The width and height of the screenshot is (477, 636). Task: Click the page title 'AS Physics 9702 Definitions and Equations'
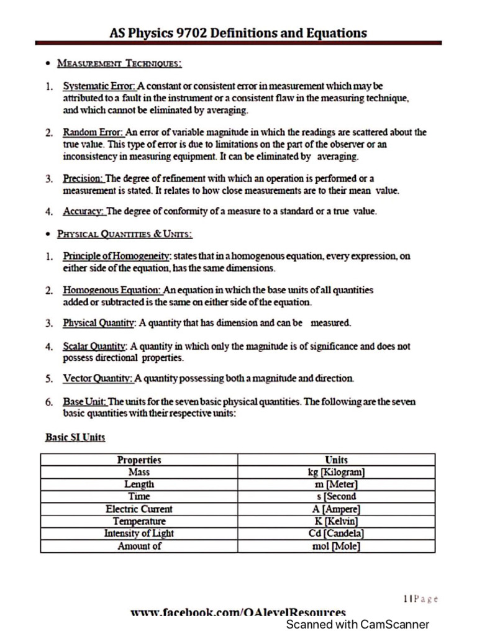click(238, 33)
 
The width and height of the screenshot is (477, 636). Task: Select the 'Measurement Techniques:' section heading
click(119, 63)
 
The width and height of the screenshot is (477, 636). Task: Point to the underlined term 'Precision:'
click(83, 179)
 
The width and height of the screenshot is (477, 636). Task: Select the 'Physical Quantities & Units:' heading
click(124, 234)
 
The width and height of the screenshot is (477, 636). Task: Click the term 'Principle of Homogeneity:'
click(117, 256)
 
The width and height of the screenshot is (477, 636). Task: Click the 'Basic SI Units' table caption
click(75, 437)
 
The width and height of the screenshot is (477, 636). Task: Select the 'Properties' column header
click(139, 460)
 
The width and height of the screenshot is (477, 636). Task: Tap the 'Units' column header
click(336, 460)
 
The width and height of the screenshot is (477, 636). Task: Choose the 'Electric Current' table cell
click(139, 509)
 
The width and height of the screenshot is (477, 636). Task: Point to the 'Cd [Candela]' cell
click(336, 534)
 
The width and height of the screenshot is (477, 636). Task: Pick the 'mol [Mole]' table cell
click(336, 546)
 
